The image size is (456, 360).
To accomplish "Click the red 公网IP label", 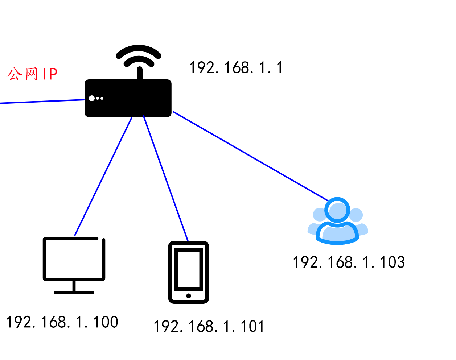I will coord(32,74).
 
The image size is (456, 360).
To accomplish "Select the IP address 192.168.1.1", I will coord(236,68).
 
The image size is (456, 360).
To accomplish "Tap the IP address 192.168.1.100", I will coord(62,322).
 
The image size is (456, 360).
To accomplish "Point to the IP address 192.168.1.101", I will coord(209,326).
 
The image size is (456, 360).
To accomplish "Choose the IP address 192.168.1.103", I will coord(349,262).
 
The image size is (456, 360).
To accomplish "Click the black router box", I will coord(128,98).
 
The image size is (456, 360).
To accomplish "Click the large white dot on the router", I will coord(92,98).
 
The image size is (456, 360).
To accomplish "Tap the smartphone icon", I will coord(189,272).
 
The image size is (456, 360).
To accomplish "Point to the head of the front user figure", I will coord(338,210).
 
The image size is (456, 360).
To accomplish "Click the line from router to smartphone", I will coord(165,178).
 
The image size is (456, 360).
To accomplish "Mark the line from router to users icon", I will coord(250,156).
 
